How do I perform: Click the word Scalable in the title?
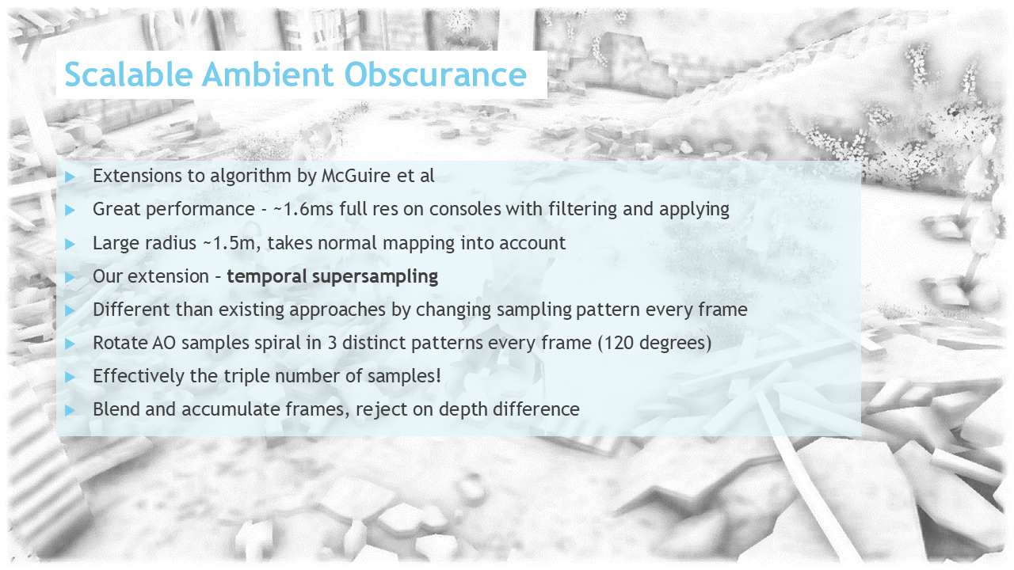point(129,74)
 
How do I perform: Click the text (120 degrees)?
point(654,344)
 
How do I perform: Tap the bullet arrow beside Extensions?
point(70,177)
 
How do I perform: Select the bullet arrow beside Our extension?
point(70,277)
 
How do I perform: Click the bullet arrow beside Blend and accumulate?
point(70,410)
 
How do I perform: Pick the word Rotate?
point(120,343)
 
